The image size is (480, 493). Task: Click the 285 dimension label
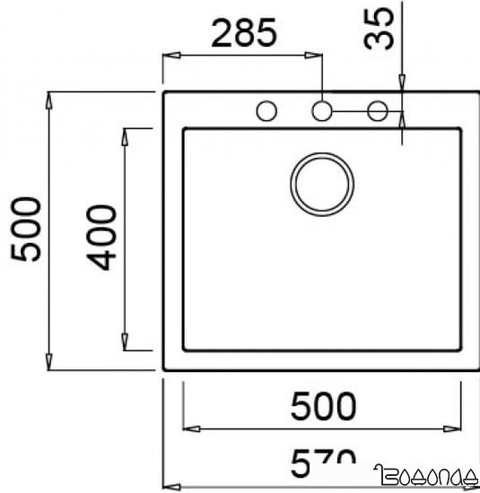[x=241, y=33]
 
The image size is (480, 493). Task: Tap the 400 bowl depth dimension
[x=104, y=238]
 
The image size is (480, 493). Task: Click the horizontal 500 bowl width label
[x=323, y=407]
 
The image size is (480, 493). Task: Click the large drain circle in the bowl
[x=322, y=183]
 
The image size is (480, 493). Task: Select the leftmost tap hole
[x=266, y=111]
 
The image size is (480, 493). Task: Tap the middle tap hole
[x=322, y=111]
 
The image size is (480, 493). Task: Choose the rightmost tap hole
[x=378, y=111]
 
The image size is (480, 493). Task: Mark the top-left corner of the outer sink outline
[x=164, y=91]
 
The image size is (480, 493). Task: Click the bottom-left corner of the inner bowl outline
[x=184, y=350]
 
